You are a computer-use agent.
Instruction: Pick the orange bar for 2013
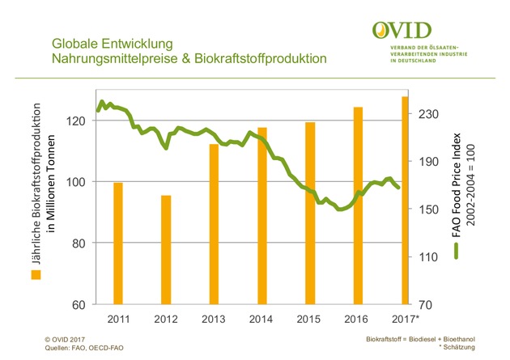pyautogui.click(x=214, y=224)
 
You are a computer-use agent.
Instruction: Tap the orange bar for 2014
pyautogui.click(x=262, y=216)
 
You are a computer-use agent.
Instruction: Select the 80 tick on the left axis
pyautogui.click(x=80, y=244)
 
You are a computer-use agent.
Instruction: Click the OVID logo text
pyautogui.click(x=402, y=31)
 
